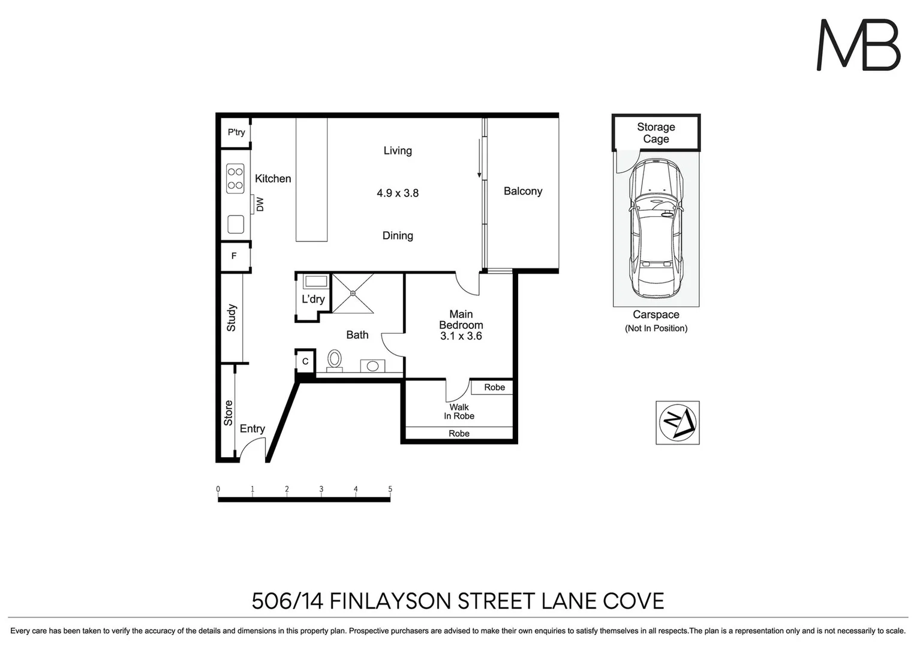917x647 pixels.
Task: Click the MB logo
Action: pos(858,46)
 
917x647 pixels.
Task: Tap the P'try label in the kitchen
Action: pos(236,132)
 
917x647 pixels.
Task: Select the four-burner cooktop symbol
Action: pos(235,178)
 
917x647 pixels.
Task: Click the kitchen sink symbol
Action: pos(235,225)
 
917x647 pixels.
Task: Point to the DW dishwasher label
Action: pos(260,204)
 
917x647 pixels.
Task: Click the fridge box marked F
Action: pos(234,256)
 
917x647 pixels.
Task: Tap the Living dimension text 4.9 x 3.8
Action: pos(398,193)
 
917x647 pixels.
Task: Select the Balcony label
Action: pos(522,191)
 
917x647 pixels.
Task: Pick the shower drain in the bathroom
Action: pos(353,293)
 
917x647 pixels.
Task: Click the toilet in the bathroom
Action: pos(334,360)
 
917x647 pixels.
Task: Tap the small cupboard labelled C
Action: pos(305,361)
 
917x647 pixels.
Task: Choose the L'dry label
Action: pos(313,299)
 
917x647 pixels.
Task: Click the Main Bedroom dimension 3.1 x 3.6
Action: pos(461,336)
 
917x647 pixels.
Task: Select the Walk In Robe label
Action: pos(459,412)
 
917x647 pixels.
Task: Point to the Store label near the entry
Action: pos(229,413)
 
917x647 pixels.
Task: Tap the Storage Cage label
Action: pos(656,133)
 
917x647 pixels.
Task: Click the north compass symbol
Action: pos(677,422)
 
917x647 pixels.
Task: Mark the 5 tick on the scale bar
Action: pos(390,489)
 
